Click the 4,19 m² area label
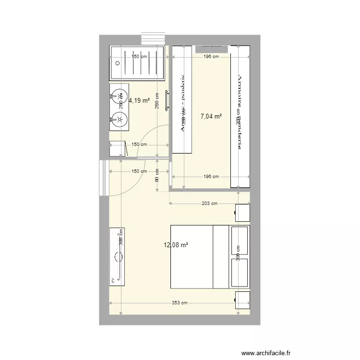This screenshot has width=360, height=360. pyautogui.click(x=139, y=101)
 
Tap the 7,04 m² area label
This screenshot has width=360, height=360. pyautogui.click(x=211, y=116)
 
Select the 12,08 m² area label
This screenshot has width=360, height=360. pyautogui.click(x=176, y=245)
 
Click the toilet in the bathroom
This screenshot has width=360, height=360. pyautogui.click(x=117, y=149)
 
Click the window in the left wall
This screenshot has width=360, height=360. pyautogui.click(x=102, y=178)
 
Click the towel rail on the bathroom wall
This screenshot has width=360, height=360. pyautogui.click(x=168, y=101)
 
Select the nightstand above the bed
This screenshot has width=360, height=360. pyautogui.click(x=242, y=212)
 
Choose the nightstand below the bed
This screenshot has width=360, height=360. pyautogui.click(x=242, y=300)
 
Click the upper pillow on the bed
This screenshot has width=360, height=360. pyautogui.click(x=240, y=241)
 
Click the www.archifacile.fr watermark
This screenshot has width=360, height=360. pyautogui.click(x=266, y=353)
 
